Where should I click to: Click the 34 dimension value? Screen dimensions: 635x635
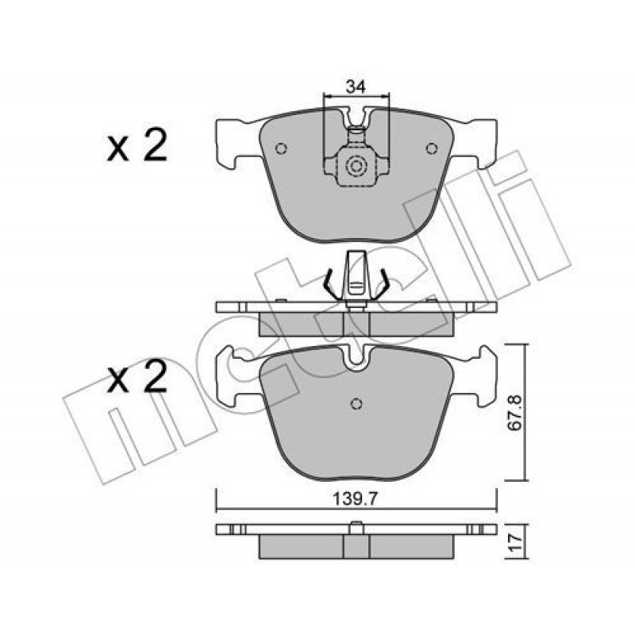click(355, 87)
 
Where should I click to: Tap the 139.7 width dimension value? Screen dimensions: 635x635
click(355, 499)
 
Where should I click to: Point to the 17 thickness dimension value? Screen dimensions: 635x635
click(516, 542)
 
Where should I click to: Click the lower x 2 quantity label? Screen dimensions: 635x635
click(137, 376)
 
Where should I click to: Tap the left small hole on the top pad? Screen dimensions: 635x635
click(281, 148)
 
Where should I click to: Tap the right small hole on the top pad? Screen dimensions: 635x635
click(432, 148)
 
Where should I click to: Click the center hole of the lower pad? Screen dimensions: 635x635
click(356, 403)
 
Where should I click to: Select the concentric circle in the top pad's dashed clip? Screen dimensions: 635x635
click(356, 166)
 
